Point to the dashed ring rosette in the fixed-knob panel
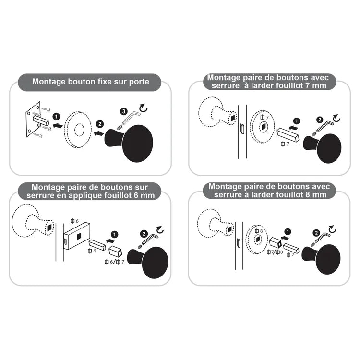(78, 128)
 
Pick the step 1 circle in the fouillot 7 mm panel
(296, 121)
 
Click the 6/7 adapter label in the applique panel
(115, 262)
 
